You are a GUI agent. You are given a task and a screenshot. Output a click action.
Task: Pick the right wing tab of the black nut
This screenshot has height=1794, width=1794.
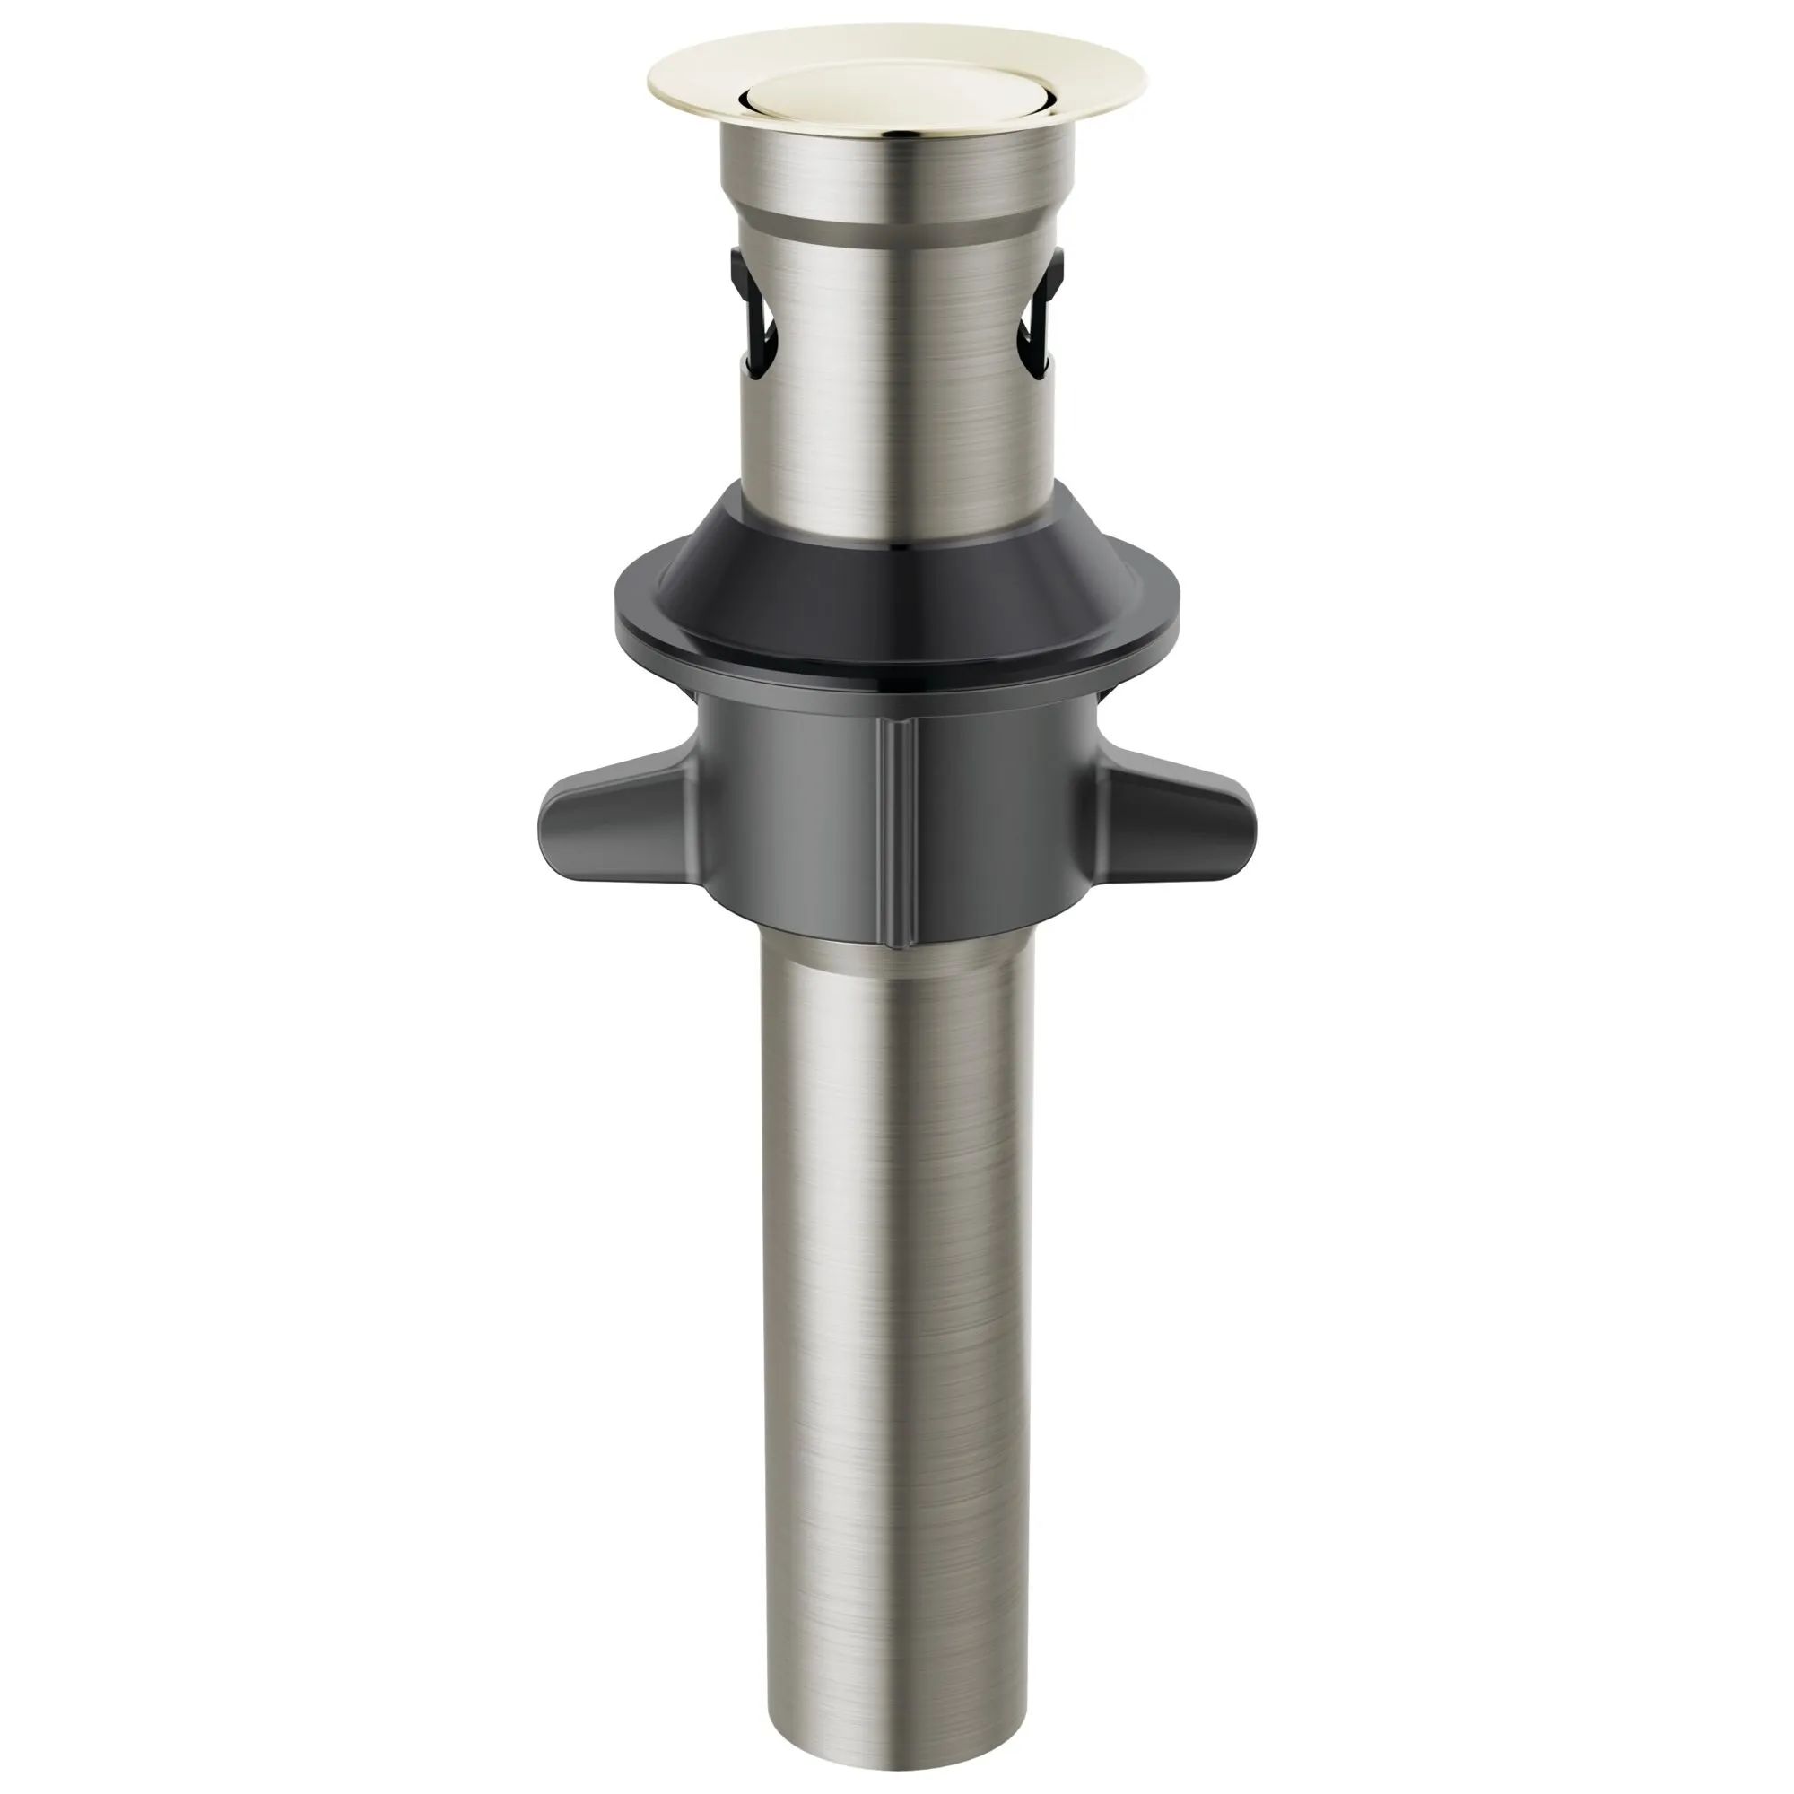click(x=1180, y=817)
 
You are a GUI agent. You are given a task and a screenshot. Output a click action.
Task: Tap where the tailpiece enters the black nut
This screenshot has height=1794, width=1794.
click(x=897, y=952)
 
